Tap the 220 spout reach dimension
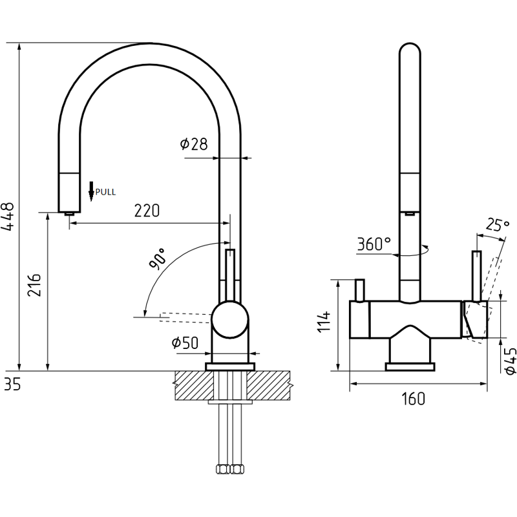point(147,211)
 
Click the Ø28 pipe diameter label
point(195,143)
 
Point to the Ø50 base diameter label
point(185,343)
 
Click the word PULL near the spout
point(105,192)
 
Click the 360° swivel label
point(374,244)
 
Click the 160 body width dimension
point(414,399)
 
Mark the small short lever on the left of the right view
point(360,290)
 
